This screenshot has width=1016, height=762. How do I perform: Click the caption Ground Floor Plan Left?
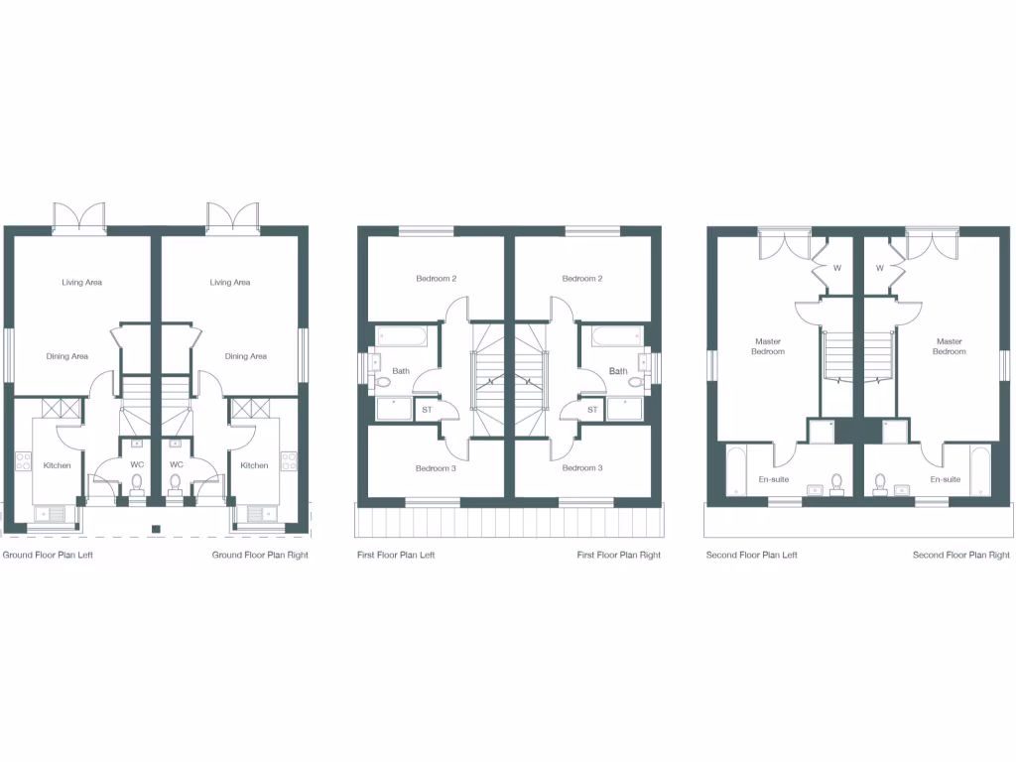[48, 556]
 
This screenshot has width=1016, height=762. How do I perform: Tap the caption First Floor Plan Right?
[618, 556]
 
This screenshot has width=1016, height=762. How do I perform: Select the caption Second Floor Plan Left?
[751, 556]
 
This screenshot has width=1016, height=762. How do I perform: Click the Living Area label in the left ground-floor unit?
[81, 283]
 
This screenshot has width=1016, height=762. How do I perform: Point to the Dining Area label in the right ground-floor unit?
[245, 357]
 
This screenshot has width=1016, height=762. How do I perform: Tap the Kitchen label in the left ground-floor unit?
[57, 465]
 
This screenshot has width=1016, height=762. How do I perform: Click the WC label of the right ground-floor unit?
[177, 464]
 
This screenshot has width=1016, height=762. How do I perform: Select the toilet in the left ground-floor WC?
[137, 484]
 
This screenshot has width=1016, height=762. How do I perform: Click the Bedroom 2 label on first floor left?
[436, 279]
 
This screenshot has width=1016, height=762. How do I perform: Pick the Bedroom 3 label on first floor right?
[582, 468]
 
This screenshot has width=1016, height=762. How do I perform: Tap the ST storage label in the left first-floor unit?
[428, 409]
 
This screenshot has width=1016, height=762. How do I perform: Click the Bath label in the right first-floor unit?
[618, 372]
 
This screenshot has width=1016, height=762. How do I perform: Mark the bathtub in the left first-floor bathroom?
[402, 336]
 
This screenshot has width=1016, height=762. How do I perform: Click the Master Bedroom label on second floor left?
[768, 346]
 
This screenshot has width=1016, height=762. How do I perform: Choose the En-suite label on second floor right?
[945, 479]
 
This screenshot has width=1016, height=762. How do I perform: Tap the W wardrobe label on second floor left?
[836, 268]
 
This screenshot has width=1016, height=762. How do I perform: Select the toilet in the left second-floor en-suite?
[836, 482]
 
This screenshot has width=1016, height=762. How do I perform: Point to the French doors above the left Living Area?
[78, 216]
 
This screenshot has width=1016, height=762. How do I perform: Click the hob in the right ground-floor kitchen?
[289, 460]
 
